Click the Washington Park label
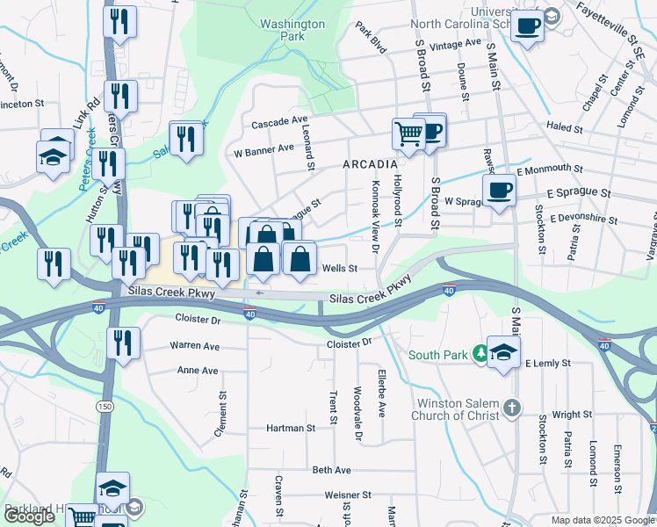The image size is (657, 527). click(292, 31)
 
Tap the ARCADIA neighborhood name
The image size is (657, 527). click(370, 164)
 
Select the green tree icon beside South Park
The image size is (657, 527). click(480, 354)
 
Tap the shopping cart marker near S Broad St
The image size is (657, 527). click(408, 134)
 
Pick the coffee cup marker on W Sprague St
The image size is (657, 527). click(499, 189)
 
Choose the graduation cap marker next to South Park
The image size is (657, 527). click(503, 352)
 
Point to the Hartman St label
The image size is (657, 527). click(291, 428)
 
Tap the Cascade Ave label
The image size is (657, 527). click(279, 123)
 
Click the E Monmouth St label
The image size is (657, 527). click(550, 168)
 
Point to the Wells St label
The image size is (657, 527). click(339, 269)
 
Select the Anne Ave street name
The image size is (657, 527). click(198, 371)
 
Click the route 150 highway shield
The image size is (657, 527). click(105, 406)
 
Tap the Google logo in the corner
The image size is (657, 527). click(30, 516)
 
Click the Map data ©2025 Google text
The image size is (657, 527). click(603, 520)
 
